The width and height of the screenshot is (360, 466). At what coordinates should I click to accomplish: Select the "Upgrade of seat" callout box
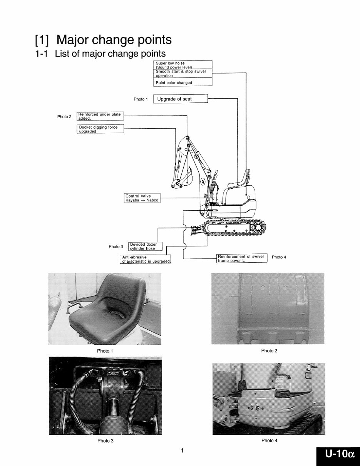180,99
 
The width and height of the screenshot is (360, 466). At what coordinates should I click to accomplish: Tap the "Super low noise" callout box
183,65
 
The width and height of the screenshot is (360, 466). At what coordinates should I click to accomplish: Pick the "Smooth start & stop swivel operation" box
183,74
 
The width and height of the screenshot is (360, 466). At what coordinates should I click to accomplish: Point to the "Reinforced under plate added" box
100,116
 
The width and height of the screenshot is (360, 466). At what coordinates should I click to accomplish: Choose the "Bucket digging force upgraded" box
100,129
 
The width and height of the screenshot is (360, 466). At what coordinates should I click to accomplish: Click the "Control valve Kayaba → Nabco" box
142,198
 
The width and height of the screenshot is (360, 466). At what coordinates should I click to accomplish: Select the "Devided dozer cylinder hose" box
145,246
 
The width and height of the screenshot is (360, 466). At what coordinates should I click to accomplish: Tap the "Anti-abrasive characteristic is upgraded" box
146,259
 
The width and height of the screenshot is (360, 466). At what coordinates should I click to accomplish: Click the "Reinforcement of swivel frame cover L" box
241,258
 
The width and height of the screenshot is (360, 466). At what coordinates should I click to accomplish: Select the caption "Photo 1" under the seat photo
105,351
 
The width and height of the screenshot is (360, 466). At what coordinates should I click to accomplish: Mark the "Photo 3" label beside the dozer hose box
116,246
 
